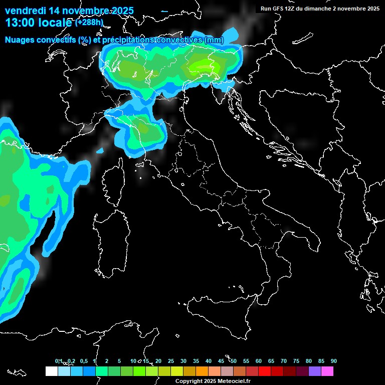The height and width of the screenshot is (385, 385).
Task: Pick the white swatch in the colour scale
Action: pyautogui.click(x=51, y=371)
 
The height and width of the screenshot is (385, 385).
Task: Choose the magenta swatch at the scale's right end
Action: pyautogui.click(x=327, y=371)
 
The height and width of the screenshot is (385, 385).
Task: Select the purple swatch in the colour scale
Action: pyautogui.click(x=315, y=371)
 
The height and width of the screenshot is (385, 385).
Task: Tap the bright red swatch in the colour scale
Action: pyautogui.click(x=265, y=371)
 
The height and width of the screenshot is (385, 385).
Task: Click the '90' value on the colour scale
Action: pyautogui.click(x=334, y=361)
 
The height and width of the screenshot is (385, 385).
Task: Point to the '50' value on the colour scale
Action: pyautogui.click(x=234, y=361)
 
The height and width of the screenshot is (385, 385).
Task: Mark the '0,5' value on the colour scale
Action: pyautogui.click(x=83, y=361)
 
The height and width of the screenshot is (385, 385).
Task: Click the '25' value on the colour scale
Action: pyautogui.click(x=171, y=361)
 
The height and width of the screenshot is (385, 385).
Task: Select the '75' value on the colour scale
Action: pyautogui.click(x=296, y=361)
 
